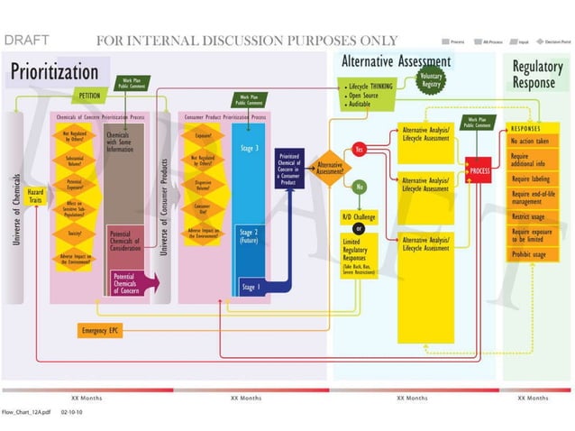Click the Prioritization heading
click(54, 70)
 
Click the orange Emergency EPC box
click(100, 331)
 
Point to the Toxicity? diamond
click(75, 233)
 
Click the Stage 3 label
click(250, 148)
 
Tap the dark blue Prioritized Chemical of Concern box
click(289, 170)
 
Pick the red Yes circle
click(359, 149)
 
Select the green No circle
click(359, 186)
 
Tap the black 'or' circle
click(359, 228)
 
